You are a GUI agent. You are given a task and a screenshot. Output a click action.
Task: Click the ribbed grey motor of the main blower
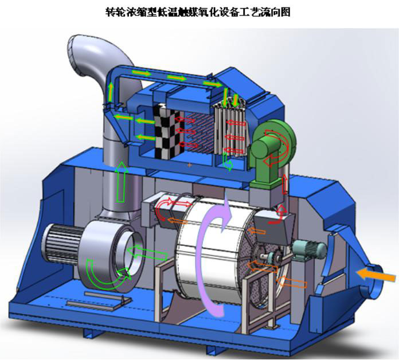61,244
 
